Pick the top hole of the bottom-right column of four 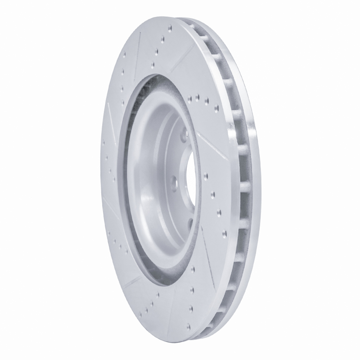point(193,269)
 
